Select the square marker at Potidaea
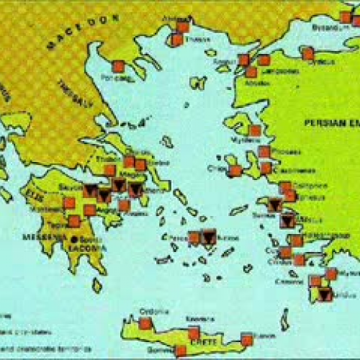tap(118, 66)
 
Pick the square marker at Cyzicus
tap(307, 53)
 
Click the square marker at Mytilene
tap(254, 130)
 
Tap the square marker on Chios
tap(235, 171)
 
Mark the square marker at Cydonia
tap(145, 323)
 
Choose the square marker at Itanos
tap(247, 338)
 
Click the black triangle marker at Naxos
tap(209, 237)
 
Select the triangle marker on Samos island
tap(274, 204)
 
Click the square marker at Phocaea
tap(264, 151)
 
